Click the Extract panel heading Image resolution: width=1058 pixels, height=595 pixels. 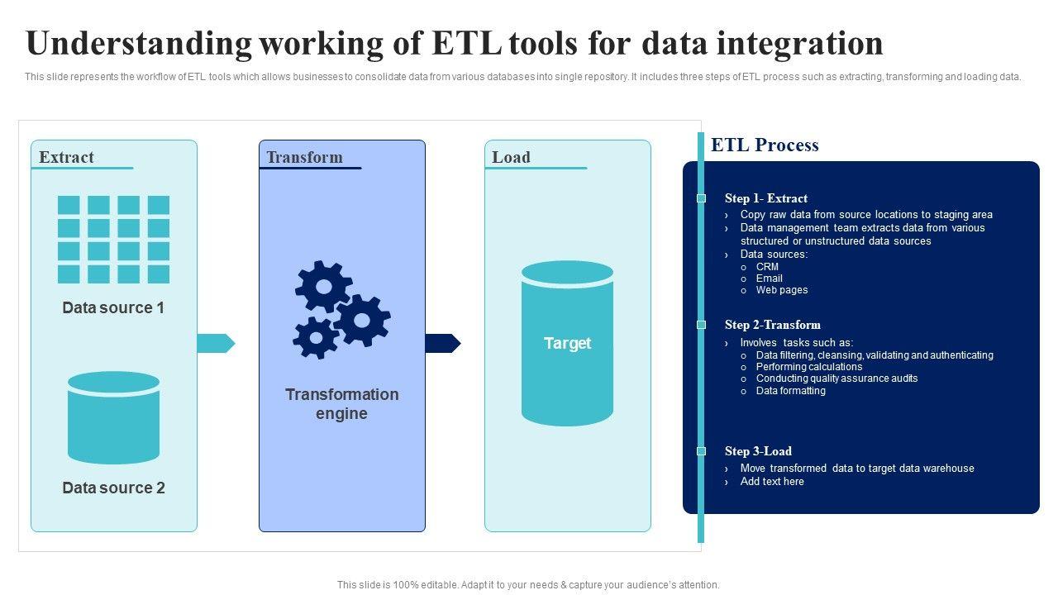(66, 157)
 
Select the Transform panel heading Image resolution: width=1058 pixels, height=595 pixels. (304, 157)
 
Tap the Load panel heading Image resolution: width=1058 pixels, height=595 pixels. (511, 157)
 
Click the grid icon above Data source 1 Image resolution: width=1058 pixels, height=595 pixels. (113, 240)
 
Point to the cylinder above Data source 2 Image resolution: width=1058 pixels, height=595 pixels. (113, 417)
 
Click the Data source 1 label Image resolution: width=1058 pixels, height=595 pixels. (113, 307)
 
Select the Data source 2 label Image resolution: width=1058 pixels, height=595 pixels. (113, 488)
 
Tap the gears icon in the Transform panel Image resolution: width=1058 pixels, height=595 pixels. (341, 310)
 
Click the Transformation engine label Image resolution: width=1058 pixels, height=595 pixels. (341, 404)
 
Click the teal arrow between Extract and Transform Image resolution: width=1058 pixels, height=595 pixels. (216, 343)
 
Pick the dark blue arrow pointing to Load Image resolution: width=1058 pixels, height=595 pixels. (442, 343)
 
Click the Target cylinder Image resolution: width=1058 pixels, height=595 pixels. (567, 343)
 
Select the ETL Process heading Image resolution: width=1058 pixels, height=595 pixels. (765, 145)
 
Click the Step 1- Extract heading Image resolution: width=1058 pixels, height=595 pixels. (765, 198)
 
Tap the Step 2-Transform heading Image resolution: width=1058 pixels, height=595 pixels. (772, 325)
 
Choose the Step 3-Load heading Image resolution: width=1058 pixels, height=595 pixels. (758, 451)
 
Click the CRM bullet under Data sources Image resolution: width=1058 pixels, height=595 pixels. (767, 267)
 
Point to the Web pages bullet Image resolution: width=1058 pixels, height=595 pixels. (781, 290)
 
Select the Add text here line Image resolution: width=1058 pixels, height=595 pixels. (771, 482)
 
